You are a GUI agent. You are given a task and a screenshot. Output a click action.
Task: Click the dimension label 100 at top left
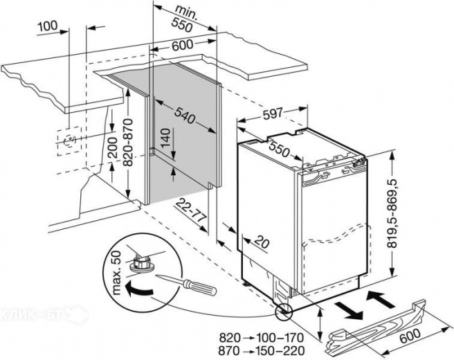(47, 26)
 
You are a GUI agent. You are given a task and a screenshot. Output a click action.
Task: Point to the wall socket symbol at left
(68, 141)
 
